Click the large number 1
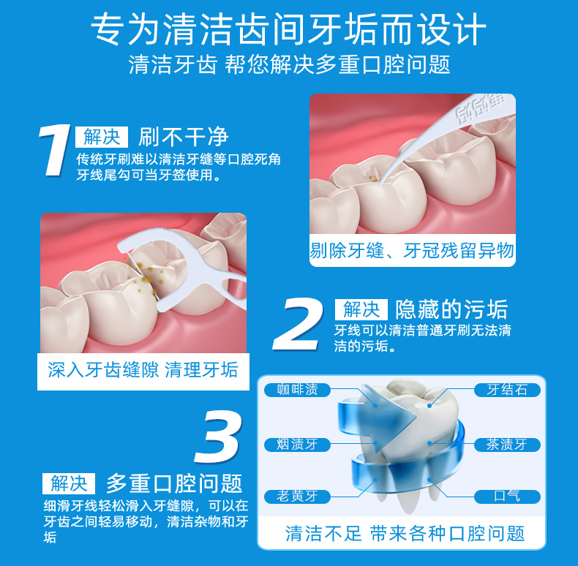click(56, 151)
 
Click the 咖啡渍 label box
click(297, 390)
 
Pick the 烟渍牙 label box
click(297, 445)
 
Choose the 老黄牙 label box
click(297, 497)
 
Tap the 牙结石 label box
click(507, 390)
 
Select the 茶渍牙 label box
click(507, 445)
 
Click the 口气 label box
click(507, 497)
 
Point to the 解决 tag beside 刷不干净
click(102, 137)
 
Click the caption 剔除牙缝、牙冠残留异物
click(412, 252)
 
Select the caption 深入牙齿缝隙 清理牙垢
click(143, 370)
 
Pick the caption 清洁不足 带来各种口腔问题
click(405, 533)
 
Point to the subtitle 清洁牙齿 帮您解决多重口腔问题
click(289, 64)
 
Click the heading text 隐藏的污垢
click(451, 309)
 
